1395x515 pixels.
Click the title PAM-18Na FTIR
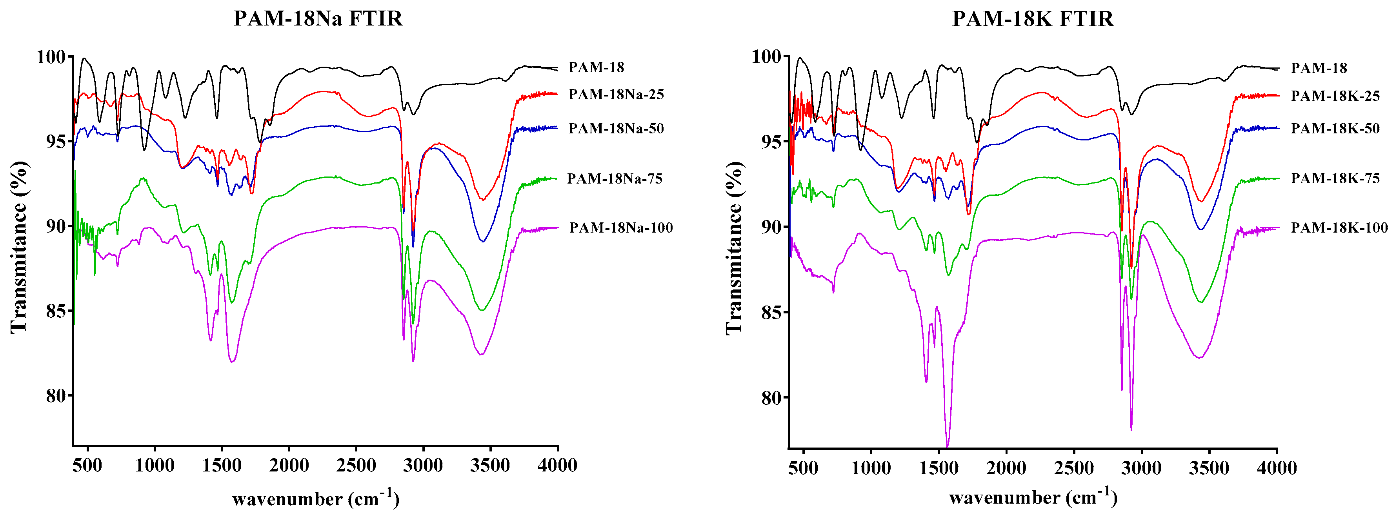click(x=318, y=19)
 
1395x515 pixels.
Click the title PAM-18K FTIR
click(x=1033, y=19)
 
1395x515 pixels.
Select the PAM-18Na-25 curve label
click(x=616, y=94)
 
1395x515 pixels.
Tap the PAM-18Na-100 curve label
click(x=620, y=227)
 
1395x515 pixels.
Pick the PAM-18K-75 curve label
click(x=1335, y=178)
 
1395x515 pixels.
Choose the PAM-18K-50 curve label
click(x=1335, y=128)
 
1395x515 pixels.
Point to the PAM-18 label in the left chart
click(x=596, y=67)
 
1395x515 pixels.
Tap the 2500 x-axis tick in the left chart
click(x=356, y=465)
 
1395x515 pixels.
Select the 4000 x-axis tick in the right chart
click(x=1277, y=468)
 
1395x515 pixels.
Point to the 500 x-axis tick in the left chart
click(x=87, y=465)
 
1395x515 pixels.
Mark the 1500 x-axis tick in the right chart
click(x=938, y=468)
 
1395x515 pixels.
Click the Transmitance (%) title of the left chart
click(x=18, y=246)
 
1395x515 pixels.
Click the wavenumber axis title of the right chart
click(x=1033, y=497)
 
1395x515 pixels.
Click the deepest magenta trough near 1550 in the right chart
click(x=947, y=445)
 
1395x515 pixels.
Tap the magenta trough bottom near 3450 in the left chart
click(x=481, y=355)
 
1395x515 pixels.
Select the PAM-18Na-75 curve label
click(x=615, y=179)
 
